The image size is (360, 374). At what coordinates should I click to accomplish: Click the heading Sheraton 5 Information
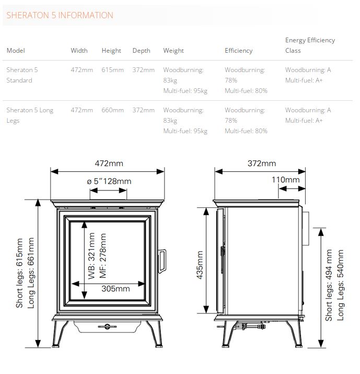click(x=60, y=15)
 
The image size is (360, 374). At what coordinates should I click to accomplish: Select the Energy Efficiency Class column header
click(x=310, y=45)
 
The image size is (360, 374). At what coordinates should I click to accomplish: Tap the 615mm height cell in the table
click(x=113, y=70)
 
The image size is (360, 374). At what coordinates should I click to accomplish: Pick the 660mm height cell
click(x=113, y=110)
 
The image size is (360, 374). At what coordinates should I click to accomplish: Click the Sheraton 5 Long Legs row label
click(x=30, y=115)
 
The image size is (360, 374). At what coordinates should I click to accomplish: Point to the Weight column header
click(x=173, y=51)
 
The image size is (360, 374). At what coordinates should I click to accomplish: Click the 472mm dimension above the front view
click(x=109, y=163)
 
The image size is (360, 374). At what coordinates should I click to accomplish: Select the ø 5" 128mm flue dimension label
click(x=109, y=181)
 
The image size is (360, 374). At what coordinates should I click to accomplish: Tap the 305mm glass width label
click(x=115, y=289)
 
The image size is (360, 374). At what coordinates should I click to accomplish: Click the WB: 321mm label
click(x=91, y=256)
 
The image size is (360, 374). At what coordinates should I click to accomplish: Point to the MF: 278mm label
click(x=103, y=256)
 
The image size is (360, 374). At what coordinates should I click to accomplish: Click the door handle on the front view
click(x=162, y=261)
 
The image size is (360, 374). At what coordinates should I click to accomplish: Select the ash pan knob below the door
click(x=107, y=326)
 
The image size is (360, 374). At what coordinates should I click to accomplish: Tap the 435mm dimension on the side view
click(x=200, y=265)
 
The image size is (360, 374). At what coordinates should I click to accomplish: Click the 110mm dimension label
click(x=286, y=180)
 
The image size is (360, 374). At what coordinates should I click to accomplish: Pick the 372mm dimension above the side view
click(x=262, y=163)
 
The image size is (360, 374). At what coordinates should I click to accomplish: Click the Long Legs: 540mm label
click(x=341, y=285)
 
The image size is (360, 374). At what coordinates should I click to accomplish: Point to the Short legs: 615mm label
click(x=19, y=273)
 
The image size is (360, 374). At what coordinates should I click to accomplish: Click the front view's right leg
click(x=154, y=334)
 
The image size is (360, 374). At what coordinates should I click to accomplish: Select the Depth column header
click(x=142, y=51)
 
